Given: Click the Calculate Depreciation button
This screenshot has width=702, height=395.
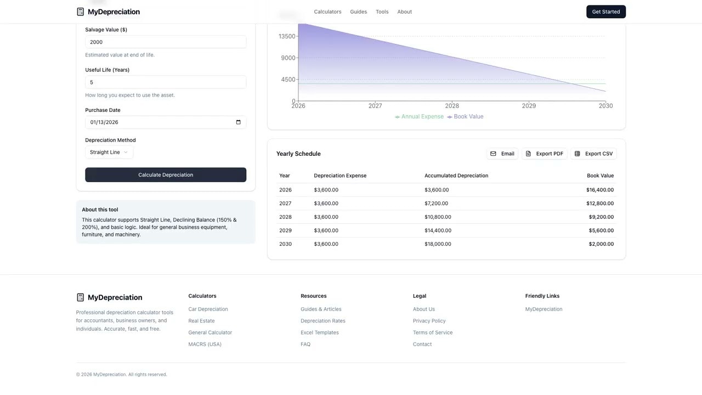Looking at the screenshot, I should [166, 175].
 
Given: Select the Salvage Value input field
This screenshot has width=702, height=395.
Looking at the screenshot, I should [166, 42].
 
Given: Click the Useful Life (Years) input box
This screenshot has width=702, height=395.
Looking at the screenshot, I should [166, 82].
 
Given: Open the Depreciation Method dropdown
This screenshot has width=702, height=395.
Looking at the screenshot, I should [109, 153].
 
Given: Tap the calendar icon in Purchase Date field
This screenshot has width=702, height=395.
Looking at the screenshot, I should [238, 122].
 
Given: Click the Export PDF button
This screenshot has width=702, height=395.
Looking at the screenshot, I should [544, 154].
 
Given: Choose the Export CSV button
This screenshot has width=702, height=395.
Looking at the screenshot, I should [593, 154].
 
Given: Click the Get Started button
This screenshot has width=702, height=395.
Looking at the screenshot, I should [606, 12].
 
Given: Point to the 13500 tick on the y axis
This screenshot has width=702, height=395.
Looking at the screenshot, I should [287, 36].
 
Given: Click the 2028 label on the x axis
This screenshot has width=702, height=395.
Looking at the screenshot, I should [452, 106].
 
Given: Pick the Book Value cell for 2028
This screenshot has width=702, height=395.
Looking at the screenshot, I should [601, 217].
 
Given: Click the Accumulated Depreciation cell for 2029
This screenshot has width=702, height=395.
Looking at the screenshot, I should [438, 230].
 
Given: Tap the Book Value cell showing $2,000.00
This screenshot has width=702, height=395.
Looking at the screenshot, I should [601, 244].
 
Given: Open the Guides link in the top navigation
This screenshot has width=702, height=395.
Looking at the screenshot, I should [358, 12].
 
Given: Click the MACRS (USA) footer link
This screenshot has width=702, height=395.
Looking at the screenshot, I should [205, 345].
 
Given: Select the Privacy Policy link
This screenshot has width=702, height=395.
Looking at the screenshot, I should [429, 321].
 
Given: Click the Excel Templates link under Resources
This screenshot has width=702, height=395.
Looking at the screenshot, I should [320, 332].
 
